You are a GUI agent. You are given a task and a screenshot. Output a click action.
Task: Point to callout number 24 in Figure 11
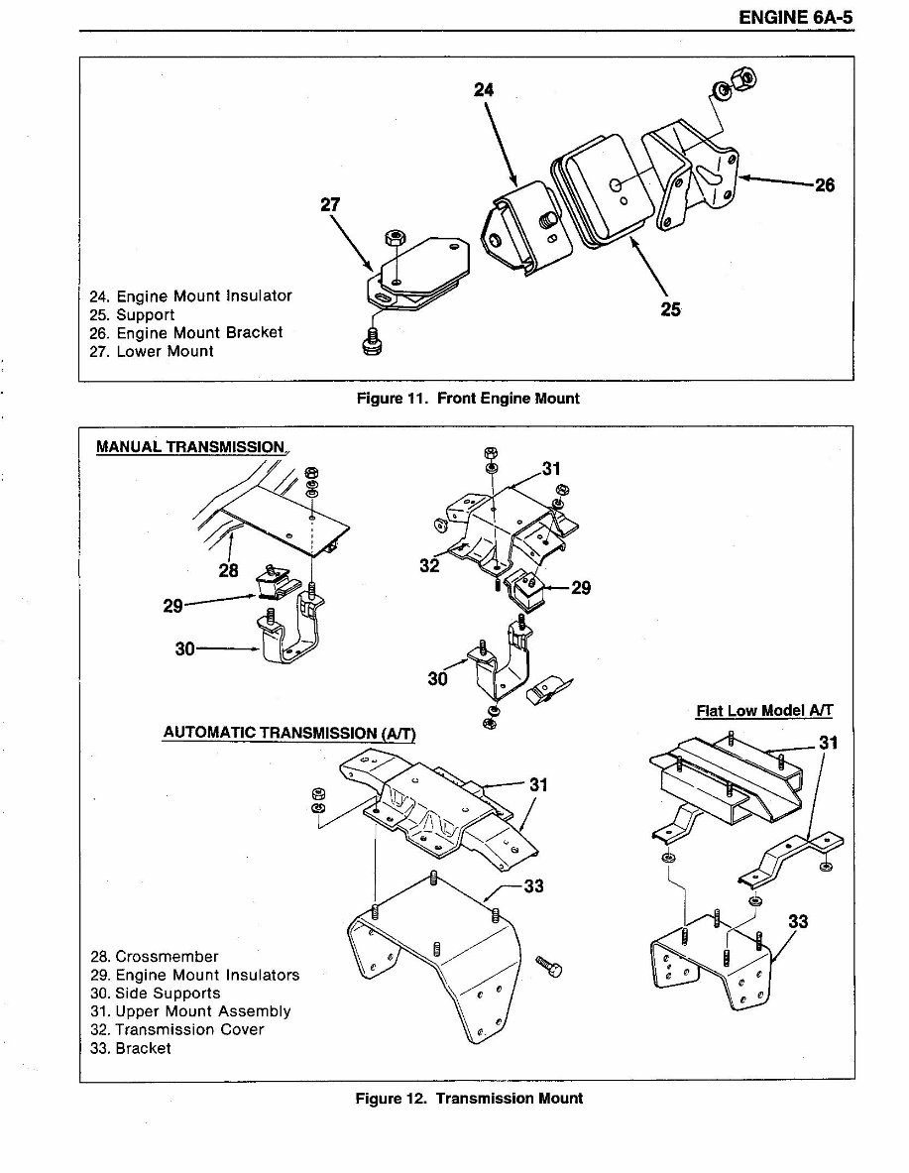coord(483,89)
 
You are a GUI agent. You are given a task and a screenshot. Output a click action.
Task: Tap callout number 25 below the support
coord(670,309)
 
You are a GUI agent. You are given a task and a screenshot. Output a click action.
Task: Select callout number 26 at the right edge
coord(825,184)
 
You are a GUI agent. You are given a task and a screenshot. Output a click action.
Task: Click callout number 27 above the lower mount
coord(330,205)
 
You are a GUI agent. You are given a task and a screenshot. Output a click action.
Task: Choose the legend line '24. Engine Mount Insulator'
coord(190,296)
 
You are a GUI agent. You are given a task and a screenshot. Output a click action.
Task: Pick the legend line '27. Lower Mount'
coord(151,352)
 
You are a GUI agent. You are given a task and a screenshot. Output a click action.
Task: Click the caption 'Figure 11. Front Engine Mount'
coord(468,399)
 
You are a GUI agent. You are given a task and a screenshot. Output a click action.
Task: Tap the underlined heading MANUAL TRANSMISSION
coord(190,447)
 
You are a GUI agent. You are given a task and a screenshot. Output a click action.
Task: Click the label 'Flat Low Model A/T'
coord(764,711)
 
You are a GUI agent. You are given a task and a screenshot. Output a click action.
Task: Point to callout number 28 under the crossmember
coord(229,570)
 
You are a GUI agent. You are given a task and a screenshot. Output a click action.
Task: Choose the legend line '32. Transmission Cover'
coord(177,1029)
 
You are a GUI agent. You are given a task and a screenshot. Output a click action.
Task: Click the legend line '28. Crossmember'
coord(154,957)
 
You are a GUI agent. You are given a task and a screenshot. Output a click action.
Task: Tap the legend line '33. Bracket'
coord(130,1048)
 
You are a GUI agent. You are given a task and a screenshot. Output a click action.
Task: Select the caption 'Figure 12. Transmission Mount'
coord(469,1099)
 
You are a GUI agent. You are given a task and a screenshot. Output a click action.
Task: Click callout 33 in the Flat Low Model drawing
coord(797,922)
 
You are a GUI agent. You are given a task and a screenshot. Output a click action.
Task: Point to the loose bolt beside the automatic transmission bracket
coord(548,962)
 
